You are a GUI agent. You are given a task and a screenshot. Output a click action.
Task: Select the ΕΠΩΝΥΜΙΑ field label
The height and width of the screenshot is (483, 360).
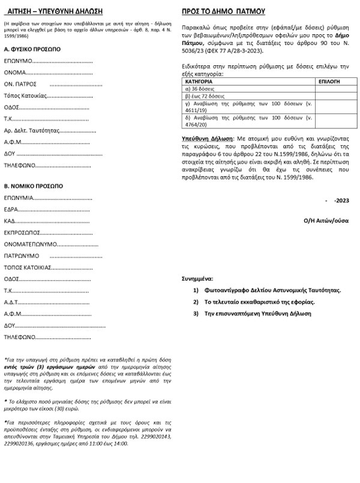pos(19,197)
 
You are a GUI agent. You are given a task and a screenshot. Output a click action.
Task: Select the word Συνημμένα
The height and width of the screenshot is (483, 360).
pos(197,279)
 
